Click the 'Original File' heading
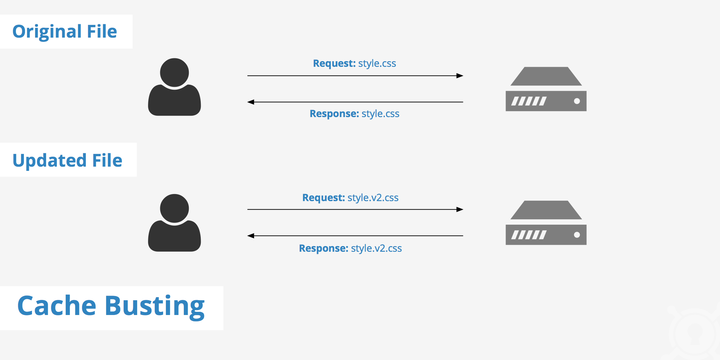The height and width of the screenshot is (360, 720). (65, 32)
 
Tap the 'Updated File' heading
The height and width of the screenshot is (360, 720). (67, 160)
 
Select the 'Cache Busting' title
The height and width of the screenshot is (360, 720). (111, 306)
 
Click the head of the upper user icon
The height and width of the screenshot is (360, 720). (174, 72)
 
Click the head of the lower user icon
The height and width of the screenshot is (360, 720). (174, 208)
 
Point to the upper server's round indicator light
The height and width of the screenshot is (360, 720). (577, 101)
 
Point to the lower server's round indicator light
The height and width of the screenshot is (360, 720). (577, 235)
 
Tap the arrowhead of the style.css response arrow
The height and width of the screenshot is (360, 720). (251, 102)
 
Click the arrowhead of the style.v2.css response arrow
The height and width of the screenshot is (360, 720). (251, 236)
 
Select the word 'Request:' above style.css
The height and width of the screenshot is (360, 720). (334, 63)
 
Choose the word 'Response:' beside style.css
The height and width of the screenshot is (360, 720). (334, 114)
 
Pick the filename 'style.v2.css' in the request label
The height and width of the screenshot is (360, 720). (373, 198)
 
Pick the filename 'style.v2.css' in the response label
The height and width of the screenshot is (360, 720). (376, 248)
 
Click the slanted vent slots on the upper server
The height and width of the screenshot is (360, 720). (529, 101)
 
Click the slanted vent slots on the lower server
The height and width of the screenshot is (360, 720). (529, 235)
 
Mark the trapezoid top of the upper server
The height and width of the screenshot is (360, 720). (546, 76)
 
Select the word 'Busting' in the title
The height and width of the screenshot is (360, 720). (155, 306)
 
